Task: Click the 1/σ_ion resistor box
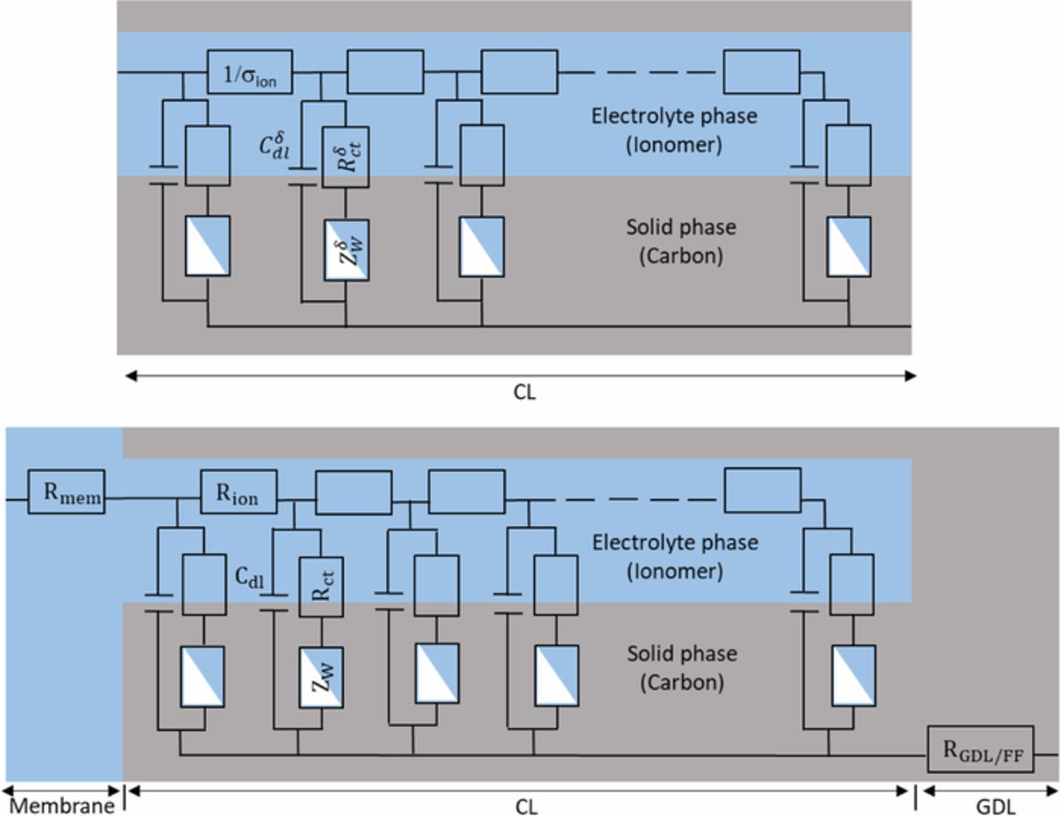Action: point(250,73)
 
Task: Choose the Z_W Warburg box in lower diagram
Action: point(322,677)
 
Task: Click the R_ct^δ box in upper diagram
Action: point(346,157)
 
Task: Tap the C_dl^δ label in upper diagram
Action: point(274,146)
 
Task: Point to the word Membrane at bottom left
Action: point(61,805)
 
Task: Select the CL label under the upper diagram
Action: point(524,391)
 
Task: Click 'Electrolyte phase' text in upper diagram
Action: point(674,115)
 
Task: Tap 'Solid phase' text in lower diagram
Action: point(681,653)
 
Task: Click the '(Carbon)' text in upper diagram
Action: point(681,255)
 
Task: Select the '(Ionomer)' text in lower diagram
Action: point(675,571)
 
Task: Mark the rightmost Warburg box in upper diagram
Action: point(849,246)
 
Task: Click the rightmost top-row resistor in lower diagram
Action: point(763,490)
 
